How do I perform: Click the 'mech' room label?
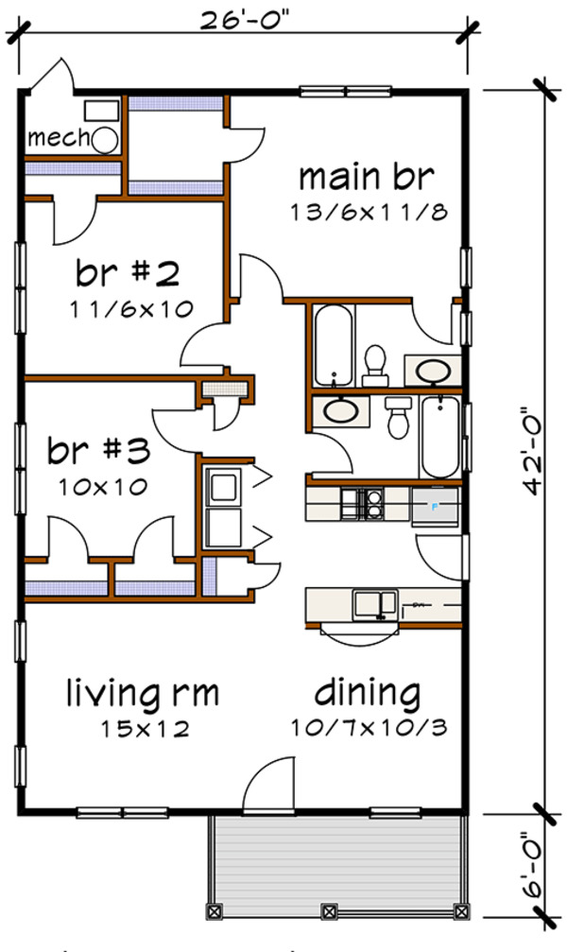tap(57, 139)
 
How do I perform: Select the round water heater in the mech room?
tap(104, 140)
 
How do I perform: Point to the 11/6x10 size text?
tap(129, 308)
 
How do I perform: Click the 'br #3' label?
tap(98, 452)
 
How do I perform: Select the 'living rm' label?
tap(142, 694)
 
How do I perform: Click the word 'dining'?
tap(368, 694)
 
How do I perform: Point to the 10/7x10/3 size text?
tap(368, 729)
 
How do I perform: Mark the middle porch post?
tap(328, 912)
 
